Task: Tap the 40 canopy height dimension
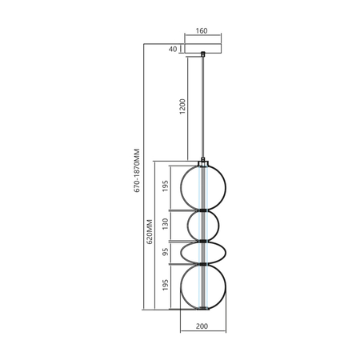pos(173,50)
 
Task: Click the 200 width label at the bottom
pos(202,326)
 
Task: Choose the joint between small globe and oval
pos(203,240)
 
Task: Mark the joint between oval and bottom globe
pos(203,264)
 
